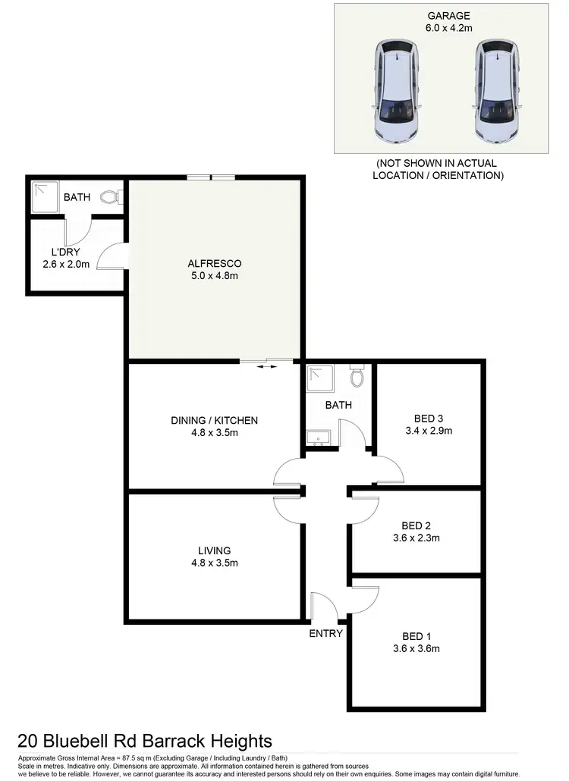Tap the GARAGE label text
tap(448, 15)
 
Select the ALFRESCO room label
tap(215, 263)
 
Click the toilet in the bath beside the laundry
tap(111, 197)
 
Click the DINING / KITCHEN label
tap(214, 420)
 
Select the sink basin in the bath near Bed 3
tap(318, 436)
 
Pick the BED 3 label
tap(429, 419)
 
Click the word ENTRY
tap(326, 633)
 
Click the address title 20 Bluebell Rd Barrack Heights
tap(144, 740)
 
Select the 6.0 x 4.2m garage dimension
tap(448, 28)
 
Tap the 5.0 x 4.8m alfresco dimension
tap(215, 275)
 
